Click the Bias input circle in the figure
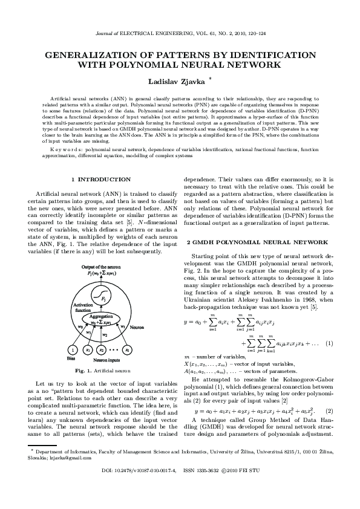pyautogui.click(x=73, y=349)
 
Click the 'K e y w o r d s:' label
pyautogui.click(x=68, y=147)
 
